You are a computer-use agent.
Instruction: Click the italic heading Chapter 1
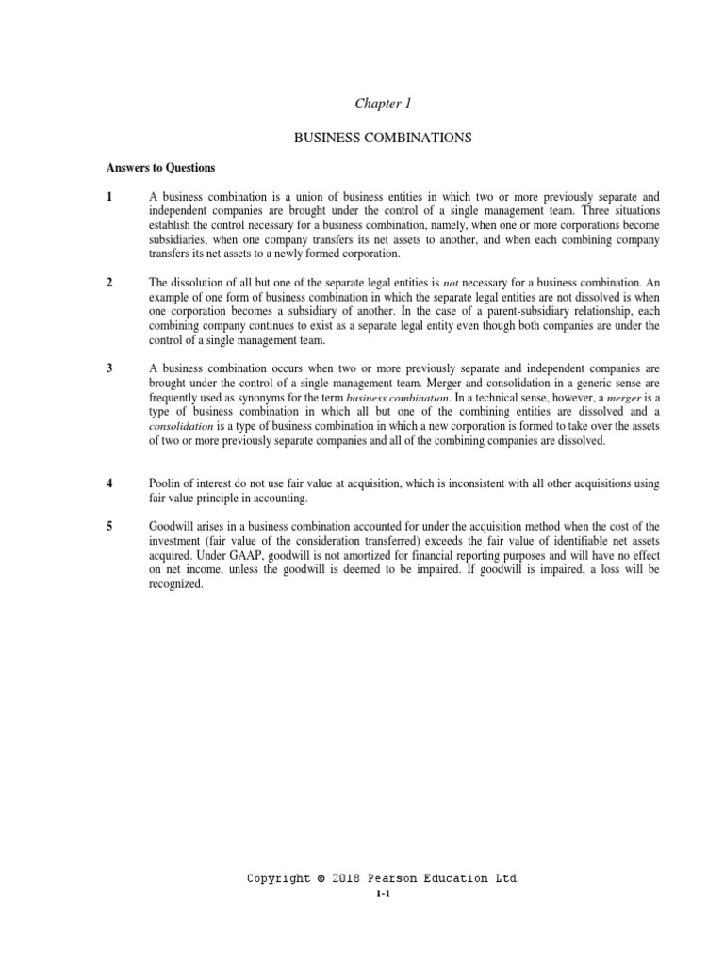[382, 104]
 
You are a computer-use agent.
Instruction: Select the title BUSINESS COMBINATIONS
[382, 139]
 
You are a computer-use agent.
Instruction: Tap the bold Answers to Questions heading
[161, 168]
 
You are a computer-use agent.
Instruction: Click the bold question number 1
[110, 197]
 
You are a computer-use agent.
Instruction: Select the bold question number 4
[110, 483]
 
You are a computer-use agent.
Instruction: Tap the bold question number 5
[110, 526]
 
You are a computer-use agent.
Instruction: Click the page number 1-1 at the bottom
[382, 896]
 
